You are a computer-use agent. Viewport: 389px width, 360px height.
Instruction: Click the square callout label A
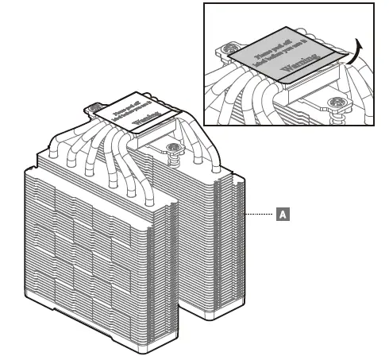pyautogui.click(x=281, y=215)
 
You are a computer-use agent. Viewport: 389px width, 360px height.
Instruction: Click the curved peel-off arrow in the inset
pyautogui.click(x=355, y=56)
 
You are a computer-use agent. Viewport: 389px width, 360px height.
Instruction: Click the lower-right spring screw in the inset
pyautogui.click(x=339, y=106)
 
